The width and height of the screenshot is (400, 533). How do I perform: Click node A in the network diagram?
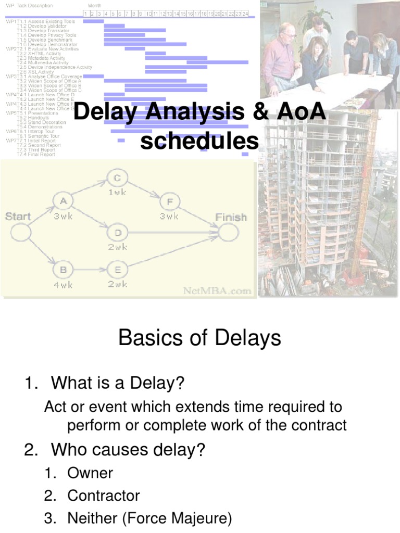click(64, 201)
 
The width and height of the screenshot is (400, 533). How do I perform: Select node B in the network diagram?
click(64, 271)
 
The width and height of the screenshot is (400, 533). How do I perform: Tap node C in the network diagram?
click(118, 179)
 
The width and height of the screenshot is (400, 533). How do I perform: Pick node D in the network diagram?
click(118, 232)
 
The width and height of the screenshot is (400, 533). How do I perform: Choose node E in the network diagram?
click(118, 271)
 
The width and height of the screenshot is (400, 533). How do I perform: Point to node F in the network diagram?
click(169, 201)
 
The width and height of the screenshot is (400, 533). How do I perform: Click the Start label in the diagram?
click(18, 217)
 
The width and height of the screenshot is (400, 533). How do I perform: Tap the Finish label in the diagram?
click(231, 217)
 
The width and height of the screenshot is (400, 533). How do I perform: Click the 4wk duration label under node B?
click(64, 285)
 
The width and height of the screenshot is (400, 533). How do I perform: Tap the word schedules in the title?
click(199, 141)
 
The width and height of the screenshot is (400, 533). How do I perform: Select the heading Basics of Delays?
click(199, 338)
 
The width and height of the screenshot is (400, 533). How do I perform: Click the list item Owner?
click(90, 473)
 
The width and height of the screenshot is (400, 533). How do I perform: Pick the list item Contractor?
click(104, 496)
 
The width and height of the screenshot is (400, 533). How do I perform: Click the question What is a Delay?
click(118, 384)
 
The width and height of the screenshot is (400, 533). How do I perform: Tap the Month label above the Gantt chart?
click(94, 6)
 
